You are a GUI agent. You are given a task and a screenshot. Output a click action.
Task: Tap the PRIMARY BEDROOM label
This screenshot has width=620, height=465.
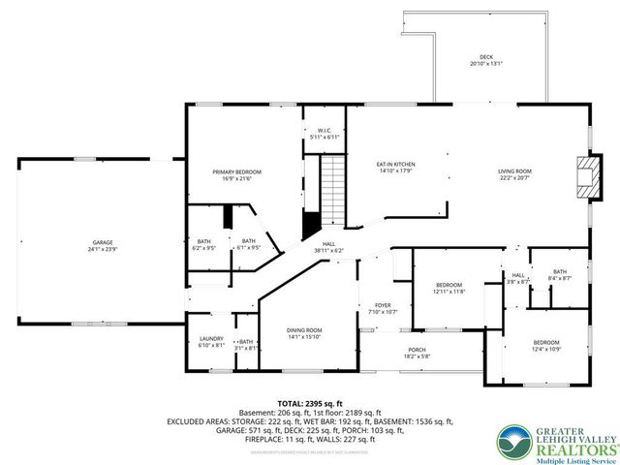pos(237,171)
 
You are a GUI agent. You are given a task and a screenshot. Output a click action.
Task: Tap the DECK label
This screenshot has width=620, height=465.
pos(472,57)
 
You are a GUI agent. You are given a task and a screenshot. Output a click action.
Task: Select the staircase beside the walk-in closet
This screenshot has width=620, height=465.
pos(333,189)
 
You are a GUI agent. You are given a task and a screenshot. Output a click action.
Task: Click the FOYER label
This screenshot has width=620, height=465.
pos(383,306)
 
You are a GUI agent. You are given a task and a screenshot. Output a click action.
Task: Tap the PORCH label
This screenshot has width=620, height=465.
pos(417,350)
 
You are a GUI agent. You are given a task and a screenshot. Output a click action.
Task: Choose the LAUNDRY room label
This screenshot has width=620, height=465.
pos(211,338)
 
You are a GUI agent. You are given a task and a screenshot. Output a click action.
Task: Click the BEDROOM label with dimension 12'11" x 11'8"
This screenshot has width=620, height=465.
pos(449,285)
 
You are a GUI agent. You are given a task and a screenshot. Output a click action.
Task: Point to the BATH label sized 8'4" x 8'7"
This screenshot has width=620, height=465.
pos(559,272)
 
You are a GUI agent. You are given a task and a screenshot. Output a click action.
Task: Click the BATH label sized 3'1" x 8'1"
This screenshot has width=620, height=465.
pos(246,341)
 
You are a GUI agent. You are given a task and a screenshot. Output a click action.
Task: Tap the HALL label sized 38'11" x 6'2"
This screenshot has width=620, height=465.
pos(329,244)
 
